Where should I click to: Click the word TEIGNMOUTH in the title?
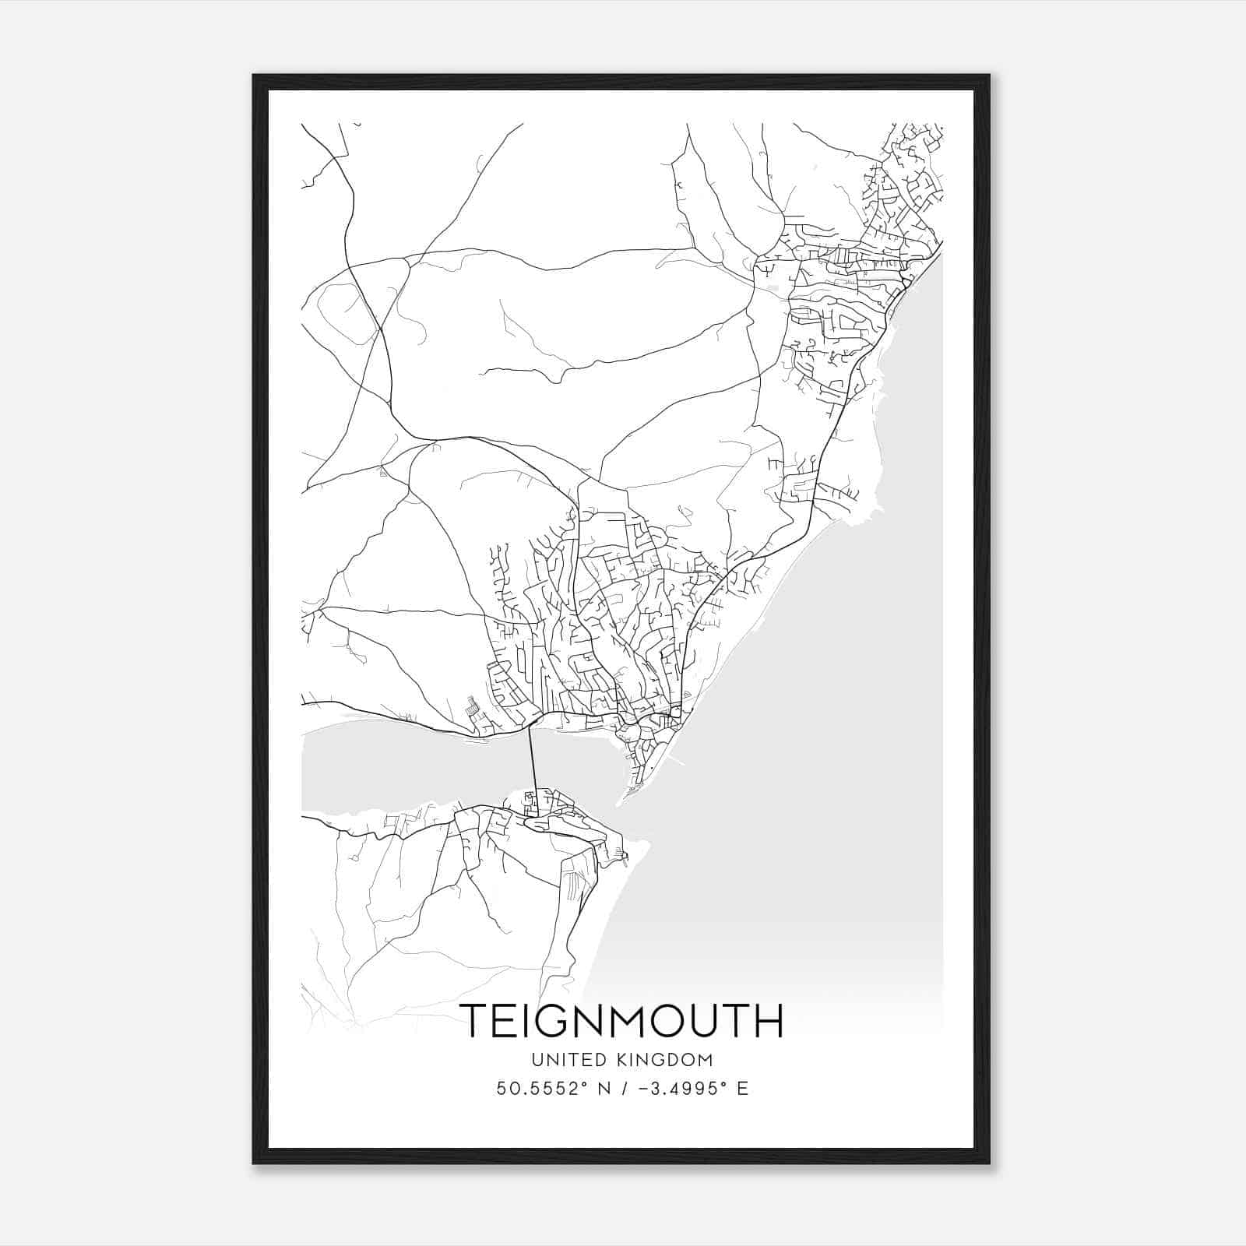pos(621,1021)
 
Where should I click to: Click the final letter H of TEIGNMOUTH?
pos(767,1021)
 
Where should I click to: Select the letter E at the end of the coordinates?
pos(743,1089)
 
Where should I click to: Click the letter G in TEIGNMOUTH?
pos(559,1021)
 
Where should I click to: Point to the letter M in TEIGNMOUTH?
pos(635,1021)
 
